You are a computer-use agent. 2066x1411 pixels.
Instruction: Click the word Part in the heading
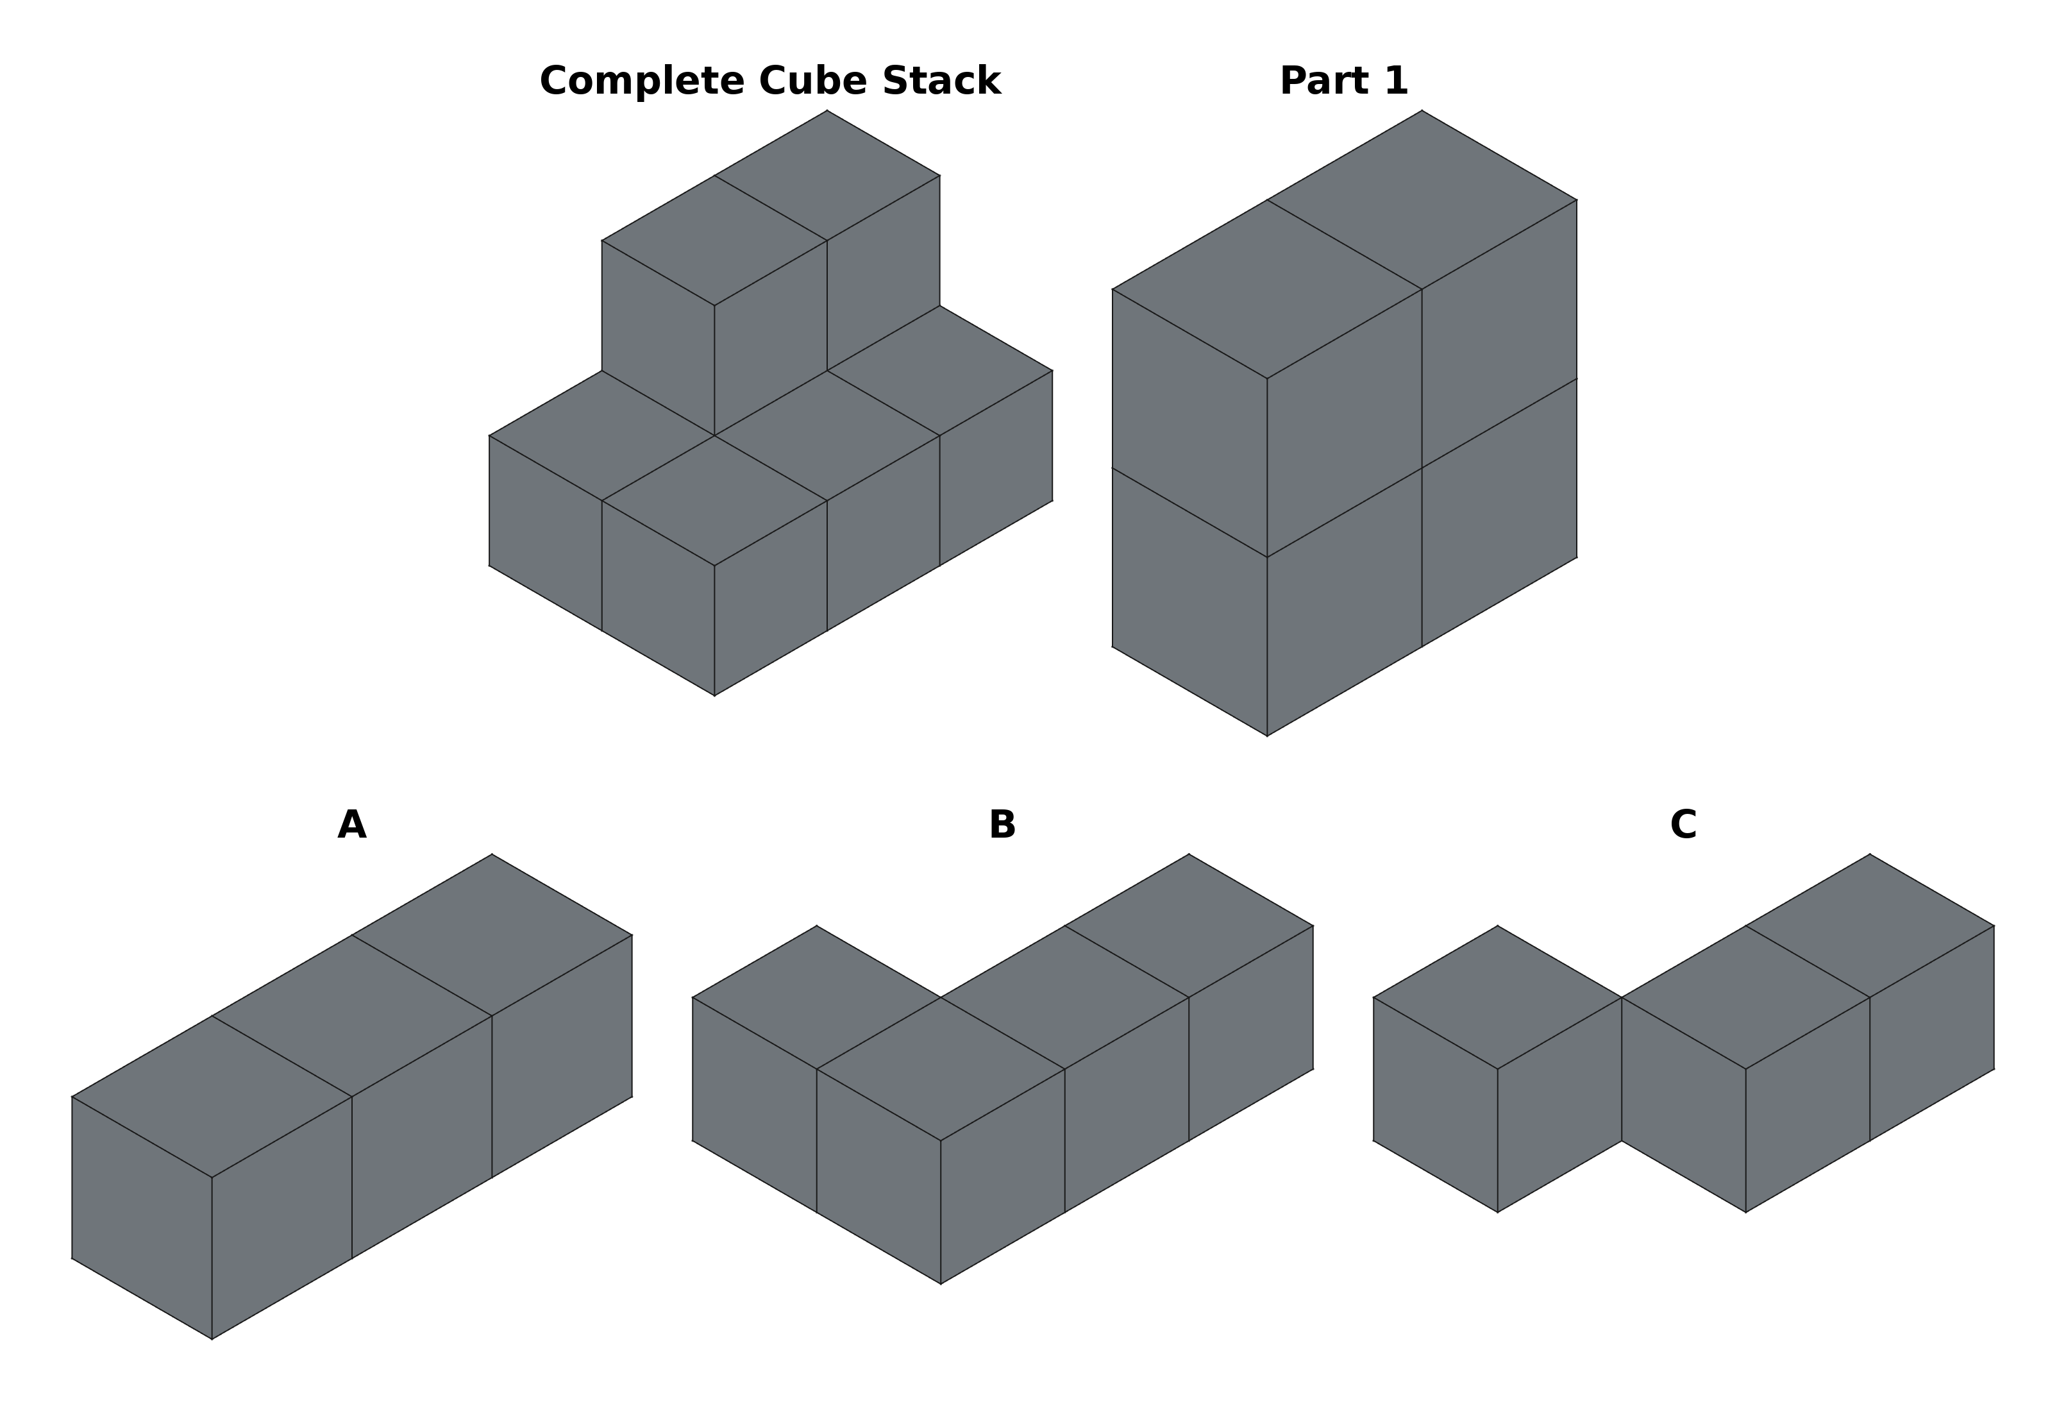[x=1318, y=81]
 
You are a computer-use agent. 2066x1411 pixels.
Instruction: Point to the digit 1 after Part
[x=1395, y=81]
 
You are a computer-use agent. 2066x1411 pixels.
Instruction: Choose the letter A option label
[x=352, y=825]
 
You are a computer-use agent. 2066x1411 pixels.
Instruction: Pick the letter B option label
[x=1002, y=825]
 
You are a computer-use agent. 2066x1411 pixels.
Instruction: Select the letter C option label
[x=1683, y=825]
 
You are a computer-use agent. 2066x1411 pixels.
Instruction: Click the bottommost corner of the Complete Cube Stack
[x=715, y=695]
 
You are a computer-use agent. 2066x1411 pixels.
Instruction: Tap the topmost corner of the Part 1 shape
[x=1422, y=111]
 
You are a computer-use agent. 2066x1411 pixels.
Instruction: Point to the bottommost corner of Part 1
[x=1267, y=735]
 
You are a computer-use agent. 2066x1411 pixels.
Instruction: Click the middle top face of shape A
[x=352, y=1016]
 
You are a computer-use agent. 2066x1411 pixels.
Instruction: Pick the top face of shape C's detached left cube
[x=1498, y=997]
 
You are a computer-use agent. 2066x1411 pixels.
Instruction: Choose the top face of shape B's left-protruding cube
[x=816, y=997]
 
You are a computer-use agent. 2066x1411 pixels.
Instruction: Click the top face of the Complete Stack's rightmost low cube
[x=939, y=371]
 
